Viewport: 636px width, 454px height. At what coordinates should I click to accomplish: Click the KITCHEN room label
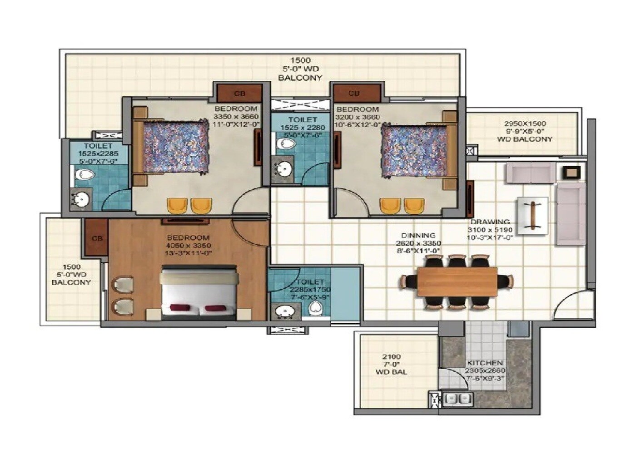[485, 363]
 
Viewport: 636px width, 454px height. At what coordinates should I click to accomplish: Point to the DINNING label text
[418, 235]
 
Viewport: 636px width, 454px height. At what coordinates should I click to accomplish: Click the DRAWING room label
[490, 222]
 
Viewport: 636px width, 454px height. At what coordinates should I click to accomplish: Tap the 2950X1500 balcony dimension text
[525, 123]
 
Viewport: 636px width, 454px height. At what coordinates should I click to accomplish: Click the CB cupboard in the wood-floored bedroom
[97, 237]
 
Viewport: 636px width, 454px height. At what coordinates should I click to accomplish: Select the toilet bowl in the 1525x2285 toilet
[84, 174]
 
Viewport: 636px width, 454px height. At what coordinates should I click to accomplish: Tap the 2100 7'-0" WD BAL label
[391, 365]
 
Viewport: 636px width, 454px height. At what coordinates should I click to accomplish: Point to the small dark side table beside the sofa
[571, 172]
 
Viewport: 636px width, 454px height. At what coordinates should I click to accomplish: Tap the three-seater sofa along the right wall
[571, 214]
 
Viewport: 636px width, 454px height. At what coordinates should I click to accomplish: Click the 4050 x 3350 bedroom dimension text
[188, 246]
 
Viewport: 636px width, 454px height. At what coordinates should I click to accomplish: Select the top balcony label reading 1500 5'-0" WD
[300, 69]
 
